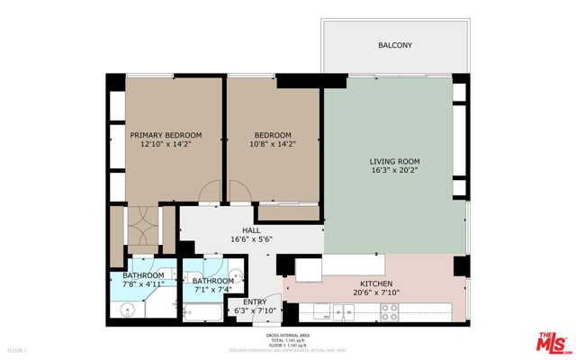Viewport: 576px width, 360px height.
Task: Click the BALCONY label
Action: (x=395, y=44)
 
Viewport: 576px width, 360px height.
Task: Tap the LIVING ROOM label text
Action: (x=395, y=161)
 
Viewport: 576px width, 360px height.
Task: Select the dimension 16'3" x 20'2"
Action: (x=395, y=171)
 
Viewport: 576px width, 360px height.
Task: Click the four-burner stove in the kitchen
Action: (x=390, y=312)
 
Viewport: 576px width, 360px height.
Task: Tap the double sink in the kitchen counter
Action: (x=343, y=312)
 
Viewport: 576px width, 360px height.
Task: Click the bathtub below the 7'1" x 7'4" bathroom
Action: (x=203, y=312)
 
